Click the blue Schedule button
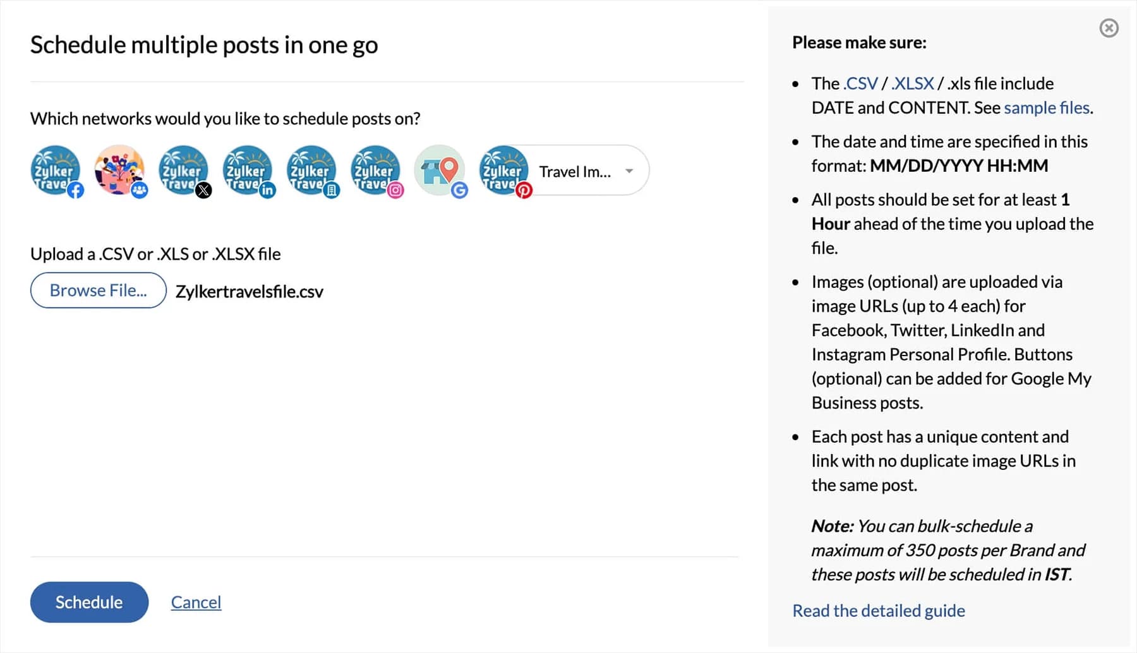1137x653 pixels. [89, 602]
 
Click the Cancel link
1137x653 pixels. [196, 602]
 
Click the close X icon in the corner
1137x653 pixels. [1109, 28]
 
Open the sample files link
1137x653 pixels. [1047, 107]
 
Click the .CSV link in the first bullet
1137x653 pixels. [860, 83]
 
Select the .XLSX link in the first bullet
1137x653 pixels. [913, 83]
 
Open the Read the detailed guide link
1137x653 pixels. [879, 611]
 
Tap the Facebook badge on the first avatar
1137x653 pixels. [76, 190]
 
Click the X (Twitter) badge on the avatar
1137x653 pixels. [203, 190]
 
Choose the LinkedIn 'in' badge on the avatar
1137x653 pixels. [268, 190]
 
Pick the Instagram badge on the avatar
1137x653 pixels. [395, 190]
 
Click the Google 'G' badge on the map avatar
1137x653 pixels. [460, 190]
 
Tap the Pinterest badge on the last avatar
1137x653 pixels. [524, 190]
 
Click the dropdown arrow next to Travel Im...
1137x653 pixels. [629, 171]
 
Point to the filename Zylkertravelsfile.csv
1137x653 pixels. [250, 291]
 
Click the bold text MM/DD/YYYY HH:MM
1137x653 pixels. [959, 165]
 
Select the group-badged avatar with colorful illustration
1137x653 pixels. [119, 169]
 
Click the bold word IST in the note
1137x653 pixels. [1057, 574]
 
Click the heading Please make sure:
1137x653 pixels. [859, 42]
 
